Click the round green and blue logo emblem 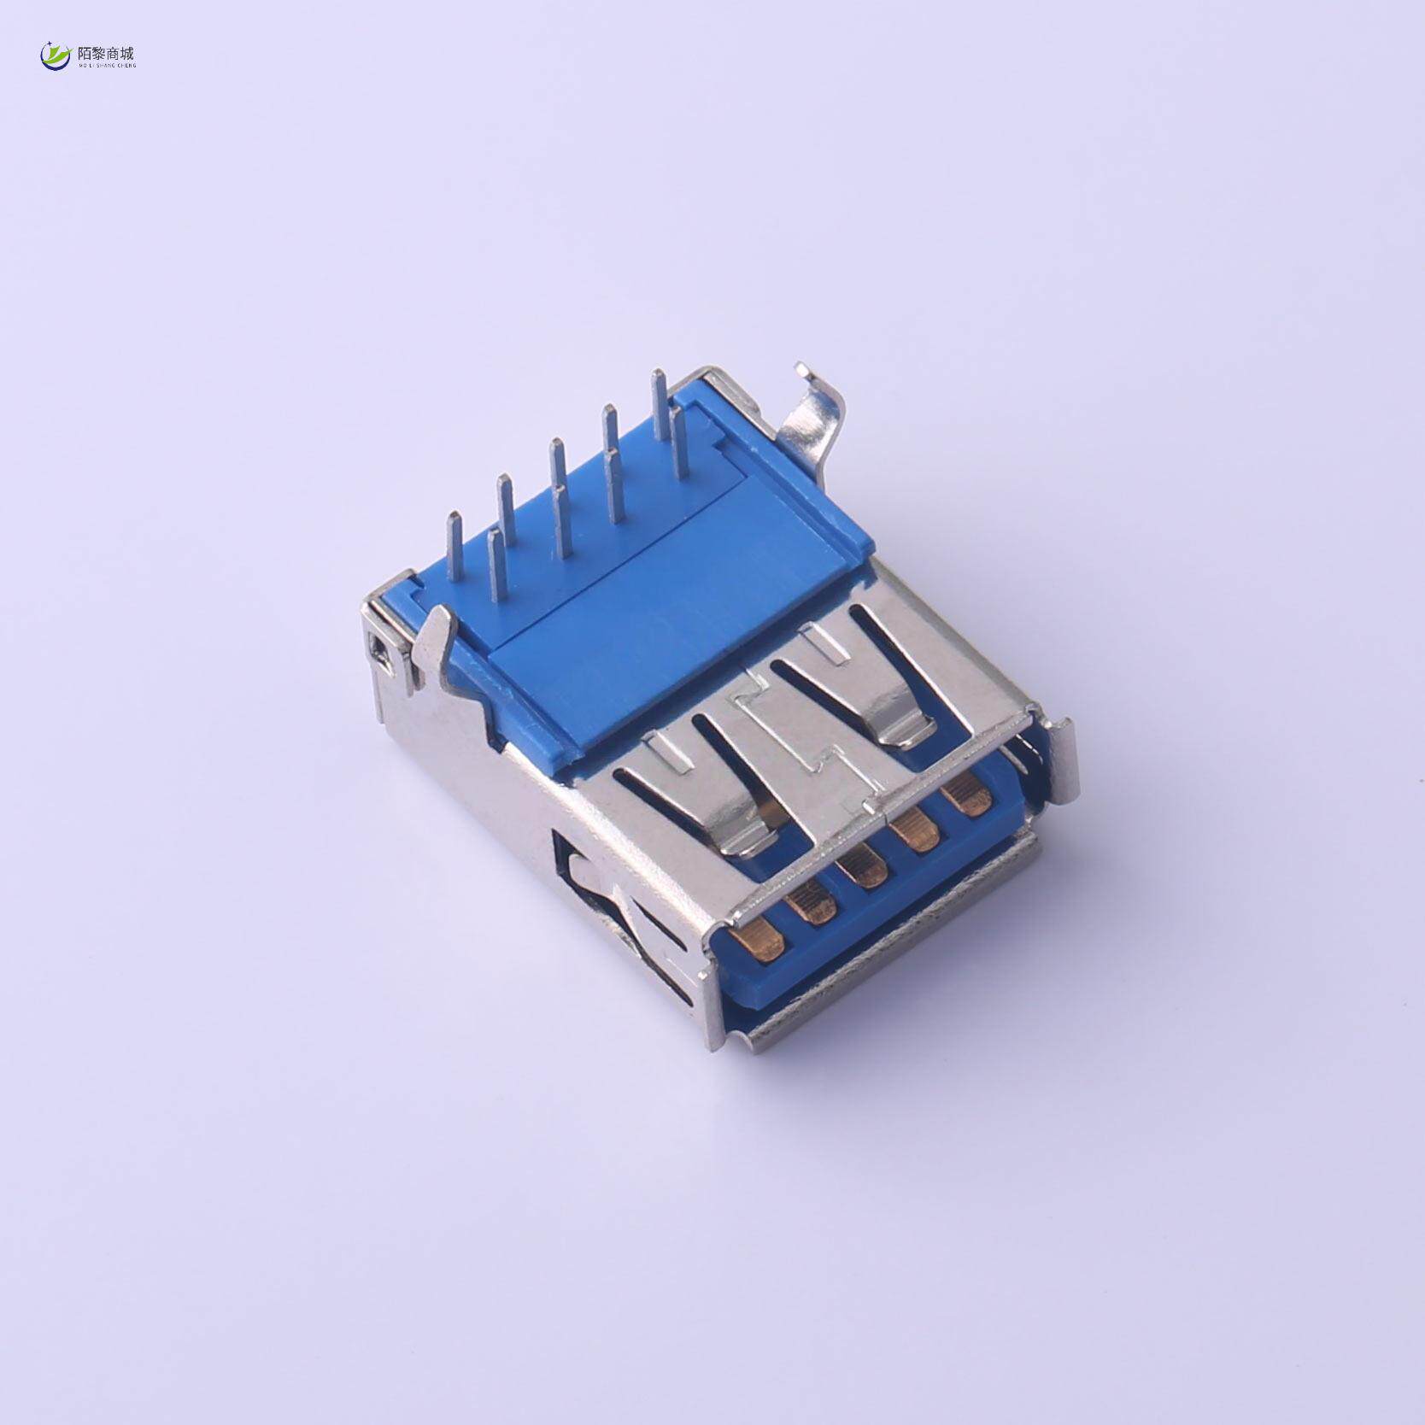click(56, 56)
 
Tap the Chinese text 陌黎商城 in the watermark click(106, 53)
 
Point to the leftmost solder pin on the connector click(454, 547)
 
